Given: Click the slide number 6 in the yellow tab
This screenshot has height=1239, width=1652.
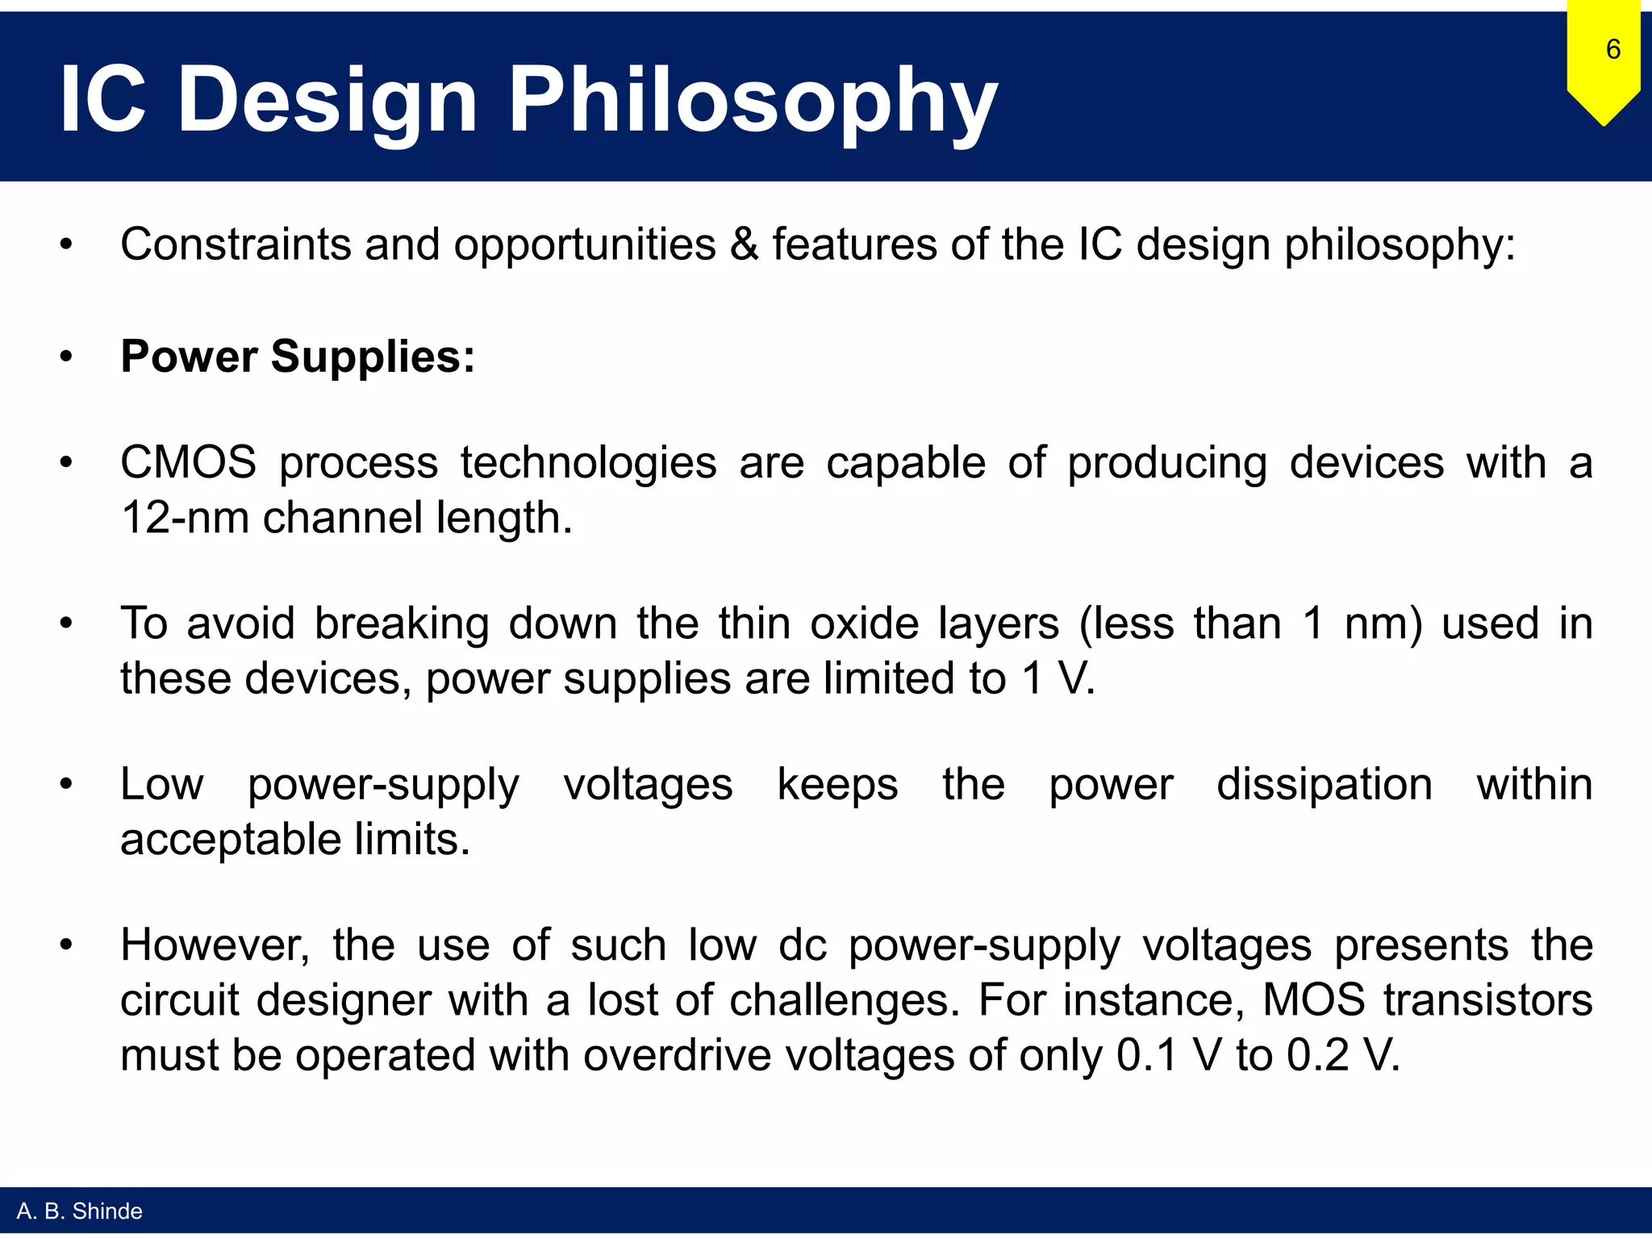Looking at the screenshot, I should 1612,49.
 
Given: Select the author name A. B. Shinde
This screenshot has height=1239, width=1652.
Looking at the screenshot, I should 79,1211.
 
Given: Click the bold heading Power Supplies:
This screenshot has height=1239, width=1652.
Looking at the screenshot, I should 298,357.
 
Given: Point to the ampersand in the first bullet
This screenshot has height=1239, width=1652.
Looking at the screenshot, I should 744,244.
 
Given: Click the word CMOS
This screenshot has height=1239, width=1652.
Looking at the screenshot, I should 188,463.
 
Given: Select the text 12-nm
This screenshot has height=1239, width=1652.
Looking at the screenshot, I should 185,518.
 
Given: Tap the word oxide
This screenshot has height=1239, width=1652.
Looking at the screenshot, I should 864,624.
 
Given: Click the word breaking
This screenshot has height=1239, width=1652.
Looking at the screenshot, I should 401,624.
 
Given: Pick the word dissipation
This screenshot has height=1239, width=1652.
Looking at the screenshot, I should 1324,784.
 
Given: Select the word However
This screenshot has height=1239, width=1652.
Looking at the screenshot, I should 215,945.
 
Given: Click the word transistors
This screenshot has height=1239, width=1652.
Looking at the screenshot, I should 1488,1000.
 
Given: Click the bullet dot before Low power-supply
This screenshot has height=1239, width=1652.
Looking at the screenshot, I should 67,784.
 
